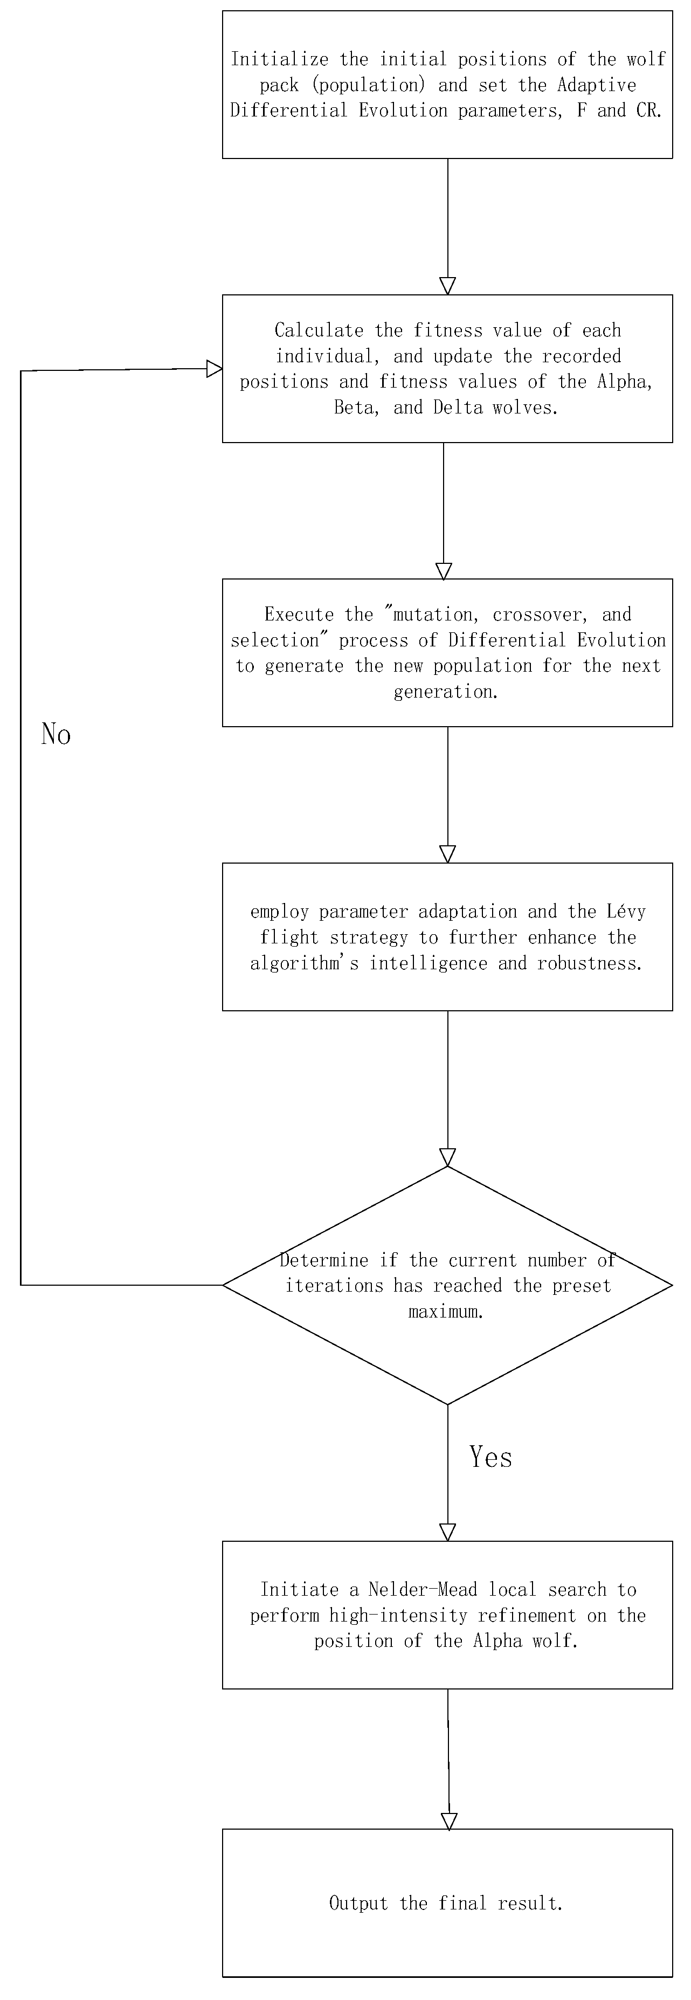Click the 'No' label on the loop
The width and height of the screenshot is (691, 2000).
pos(56,734)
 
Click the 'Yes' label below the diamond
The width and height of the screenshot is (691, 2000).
pos(490,1457)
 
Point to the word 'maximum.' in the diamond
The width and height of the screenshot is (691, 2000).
pos(446,1312)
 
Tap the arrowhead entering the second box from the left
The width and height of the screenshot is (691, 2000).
pos(215,369)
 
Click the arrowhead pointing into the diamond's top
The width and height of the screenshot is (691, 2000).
pos(447,1157)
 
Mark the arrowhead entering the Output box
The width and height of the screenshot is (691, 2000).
pos(449,1820)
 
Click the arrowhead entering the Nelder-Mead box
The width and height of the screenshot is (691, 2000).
pos(447,1532)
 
